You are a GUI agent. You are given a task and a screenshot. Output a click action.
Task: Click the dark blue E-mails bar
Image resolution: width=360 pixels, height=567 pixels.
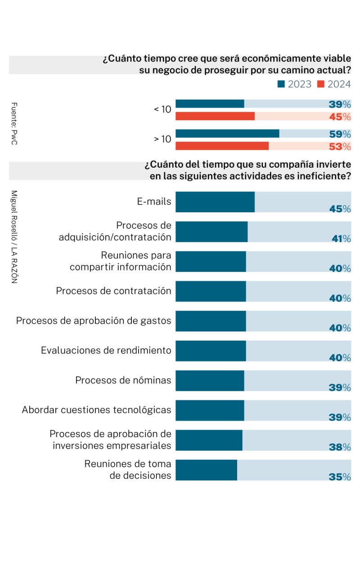tap(215, 202)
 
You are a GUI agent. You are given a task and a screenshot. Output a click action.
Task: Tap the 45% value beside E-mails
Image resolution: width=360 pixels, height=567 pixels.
tap(340, 209)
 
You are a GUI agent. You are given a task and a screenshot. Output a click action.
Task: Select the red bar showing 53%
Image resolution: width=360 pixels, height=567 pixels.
tap(222, 146)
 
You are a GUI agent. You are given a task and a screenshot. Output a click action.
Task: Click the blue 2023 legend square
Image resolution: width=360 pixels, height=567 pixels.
tap(281, 84)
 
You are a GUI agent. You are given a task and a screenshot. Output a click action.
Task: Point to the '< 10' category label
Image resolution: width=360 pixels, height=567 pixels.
tap(162, 109)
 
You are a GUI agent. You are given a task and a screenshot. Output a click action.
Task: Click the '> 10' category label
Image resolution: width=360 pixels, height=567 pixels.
tap(162, 139)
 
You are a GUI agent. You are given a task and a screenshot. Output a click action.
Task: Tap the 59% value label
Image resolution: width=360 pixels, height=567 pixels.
tap(340, 134)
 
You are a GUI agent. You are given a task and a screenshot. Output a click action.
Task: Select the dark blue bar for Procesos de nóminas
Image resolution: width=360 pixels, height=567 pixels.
tap(210, 380)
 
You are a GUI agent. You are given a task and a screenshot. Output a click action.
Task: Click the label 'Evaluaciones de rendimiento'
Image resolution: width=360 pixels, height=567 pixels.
tap(106, 350)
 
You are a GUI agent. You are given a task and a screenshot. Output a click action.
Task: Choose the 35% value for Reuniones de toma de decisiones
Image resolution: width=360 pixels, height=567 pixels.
tap(340, 477)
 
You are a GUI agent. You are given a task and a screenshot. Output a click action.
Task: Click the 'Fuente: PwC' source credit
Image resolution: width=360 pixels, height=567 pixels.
tap(14, 124)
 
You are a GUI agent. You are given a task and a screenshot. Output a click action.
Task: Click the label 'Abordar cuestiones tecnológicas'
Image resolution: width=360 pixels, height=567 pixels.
tap(96, 410)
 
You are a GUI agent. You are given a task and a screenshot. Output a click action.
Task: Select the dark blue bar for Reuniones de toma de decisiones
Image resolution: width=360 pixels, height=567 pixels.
tap(206, 470)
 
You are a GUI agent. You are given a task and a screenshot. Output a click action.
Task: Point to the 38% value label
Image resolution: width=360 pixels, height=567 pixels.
tap(340, 447)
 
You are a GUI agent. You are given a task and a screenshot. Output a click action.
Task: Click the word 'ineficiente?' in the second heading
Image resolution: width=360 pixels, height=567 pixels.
tap(324, 176)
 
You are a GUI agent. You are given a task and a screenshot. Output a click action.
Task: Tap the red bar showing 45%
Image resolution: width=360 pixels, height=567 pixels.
tap(215, 116)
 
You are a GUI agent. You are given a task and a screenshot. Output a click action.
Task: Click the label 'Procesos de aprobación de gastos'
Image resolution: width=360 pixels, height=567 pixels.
tap(94, 321)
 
